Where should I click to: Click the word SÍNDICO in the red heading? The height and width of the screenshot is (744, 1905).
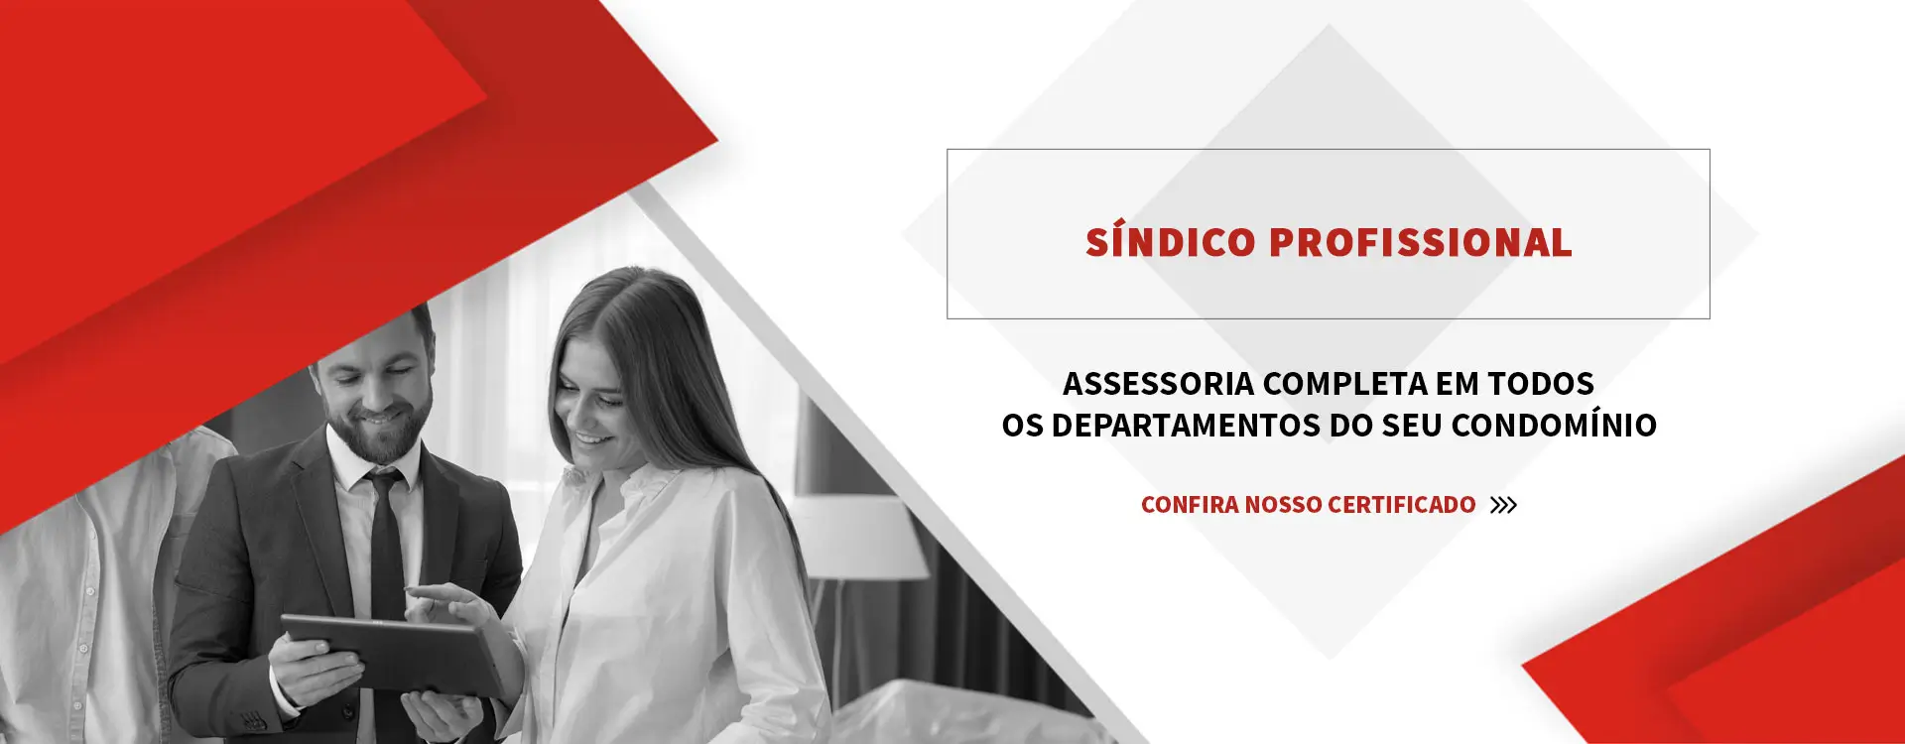click(1171, 243)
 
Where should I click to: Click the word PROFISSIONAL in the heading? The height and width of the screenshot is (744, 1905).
click(1420, 243)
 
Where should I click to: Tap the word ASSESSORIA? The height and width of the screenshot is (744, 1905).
click(1158, 384)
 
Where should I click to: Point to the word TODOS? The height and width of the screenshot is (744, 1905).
click(1540, 384)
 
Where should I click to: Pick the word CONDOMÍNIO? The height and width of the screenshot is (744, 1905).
click(1553, 426)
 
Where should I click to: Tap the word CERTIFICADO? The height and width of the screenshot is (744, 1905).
click(1401, 505)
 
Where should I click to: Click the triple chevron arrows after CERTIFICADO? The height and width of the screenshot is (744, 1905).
click(1503, 505)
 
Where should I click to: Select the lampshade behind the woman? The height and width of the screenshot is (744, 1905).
click(861, 536)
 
